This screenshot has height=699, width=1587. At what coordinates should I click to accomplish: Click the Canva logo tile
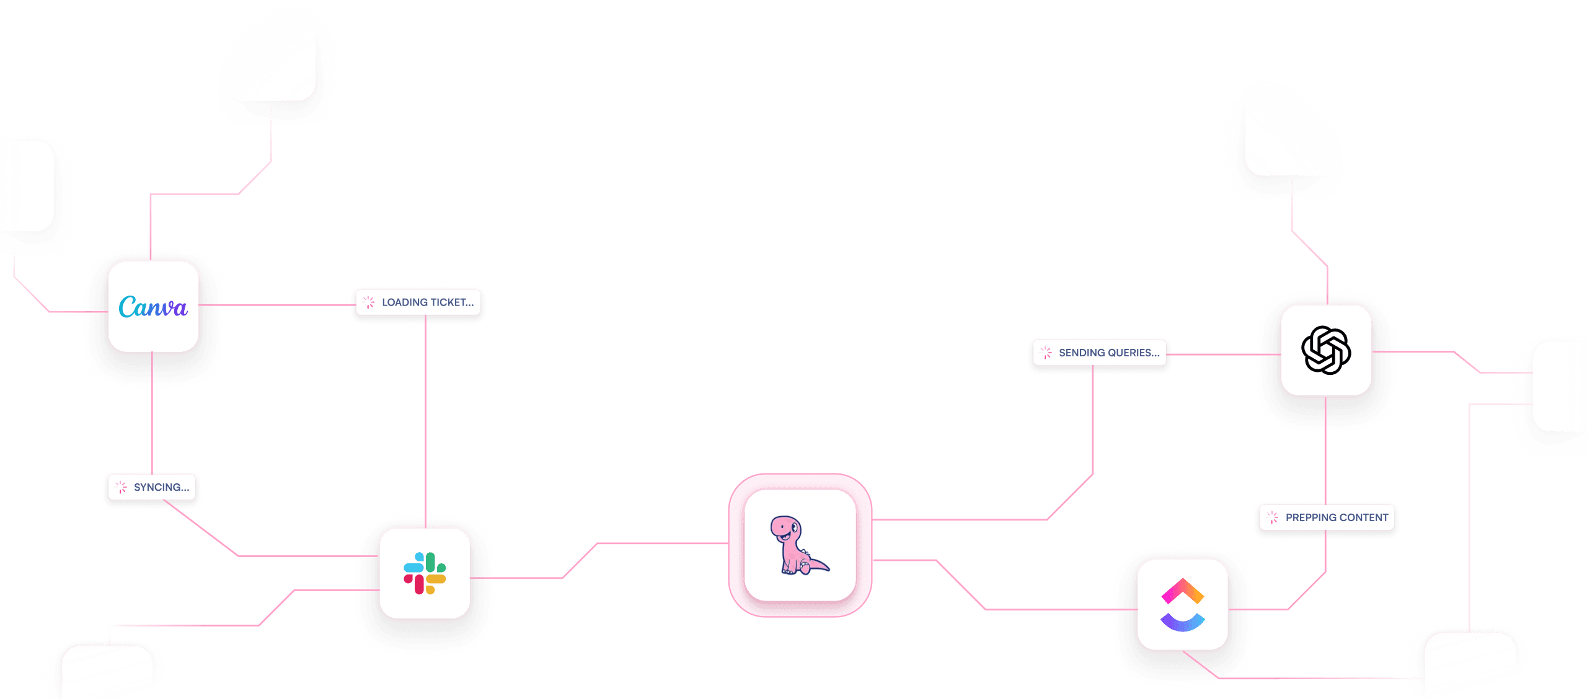click(153, 307)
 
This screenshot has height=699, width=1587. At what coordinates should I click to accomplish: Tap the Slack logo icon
click(425, 573)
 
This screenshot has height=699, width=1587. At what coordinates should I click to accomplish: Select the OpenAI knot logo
click(1326, 350)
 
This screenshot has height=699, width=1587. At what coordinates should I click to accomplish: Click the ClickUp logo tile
click(1182, 605)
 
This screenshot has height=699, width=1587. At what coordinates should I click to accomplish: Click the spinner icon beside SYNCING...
click(122, 487)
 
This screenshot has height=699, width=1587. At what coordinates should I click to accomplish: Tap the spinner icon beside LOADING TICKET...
click(369, 302)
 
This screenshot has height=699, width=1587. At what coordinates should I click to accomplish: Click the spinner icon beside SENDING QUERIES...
click(1046, 353)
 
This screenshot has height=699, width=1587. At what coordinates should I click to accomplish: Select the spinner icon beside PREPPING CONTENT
click(1273, 517)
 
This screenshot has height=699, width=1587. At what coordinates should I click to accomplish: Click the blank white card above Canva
click(270, 57)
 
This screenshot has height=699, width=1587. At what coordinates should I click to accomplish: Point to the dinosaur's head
click(784, 527)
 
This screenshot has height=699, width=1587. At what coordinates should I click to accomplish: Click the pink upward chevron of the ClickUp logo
click(1182, 591)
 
